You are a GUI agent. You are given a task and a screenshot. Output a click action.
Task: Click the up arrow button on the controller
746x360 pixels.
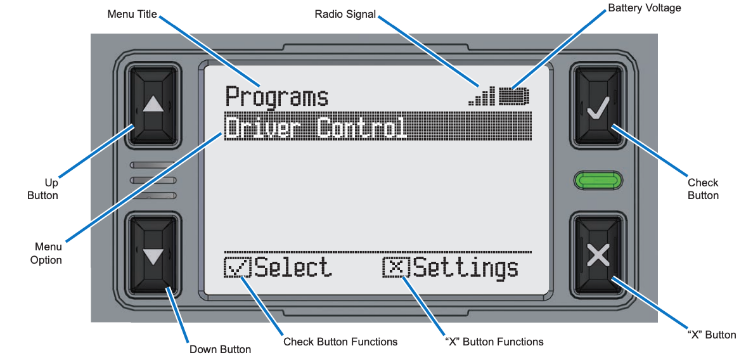click(x=153, y=103)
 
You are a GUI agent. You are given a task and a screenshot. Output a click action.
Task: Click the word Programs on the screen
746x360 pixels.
click(x=277, y=98)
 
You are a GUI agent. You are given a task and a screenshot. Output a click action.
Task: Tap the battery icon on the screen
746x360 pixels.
click(x=513, y=96)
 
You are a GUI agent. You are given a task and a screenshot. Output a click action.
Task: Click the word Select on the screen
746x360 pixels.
click(x=292, y=267)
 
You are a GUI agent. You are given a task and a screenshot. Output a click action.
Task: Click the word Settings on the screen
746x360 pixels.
click(x=465, y=268)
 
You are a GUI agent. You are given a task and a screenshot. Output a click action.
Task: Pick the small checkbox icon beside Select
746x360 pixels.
click(x=238, y=267)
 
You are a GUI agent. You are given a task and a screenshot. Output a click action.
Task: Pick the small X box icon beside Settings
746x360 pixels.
click(x=397, y=267)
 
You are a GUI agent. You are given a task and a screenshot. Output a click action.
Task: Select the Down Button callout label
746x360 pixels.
click(x=220, y=349)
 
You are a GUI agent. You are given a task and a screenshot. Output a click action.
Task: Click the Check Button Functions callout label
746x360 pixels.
click(x=340, y=342)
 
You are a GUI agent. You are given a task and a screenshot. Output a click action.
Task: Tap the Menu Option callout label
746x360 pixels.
click(x=46, y=254)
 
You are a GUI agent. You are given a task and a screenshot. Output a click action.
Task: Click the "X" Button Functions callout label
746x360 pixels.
click(x=494, y=342)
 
